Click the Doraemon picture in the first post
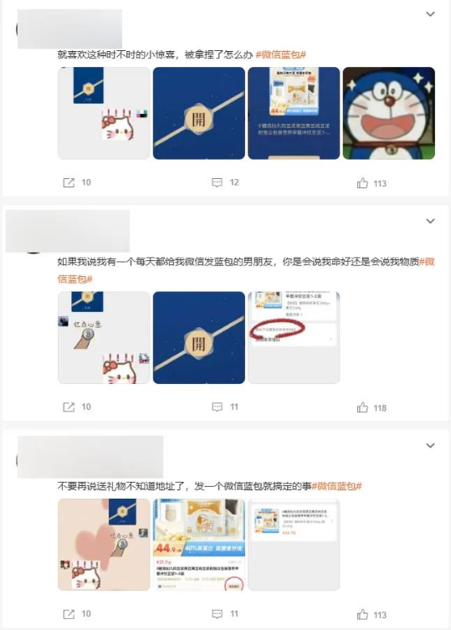[x=388, y=113]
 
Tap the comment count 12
[x=234, y=182]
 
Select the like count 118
[x=380, y=407]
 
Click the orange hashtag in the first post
[x=280, y=54]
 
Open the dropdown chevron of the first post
[x=430, y=14]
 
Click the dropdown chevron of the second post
[x=430, y=221]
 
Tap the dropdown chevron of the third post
[x=430, y=445]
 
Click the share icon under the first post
[x=69, y=182]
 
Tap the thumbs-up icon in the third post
[x=362, y=614]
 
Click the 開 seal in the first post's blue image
[x=198, y=115]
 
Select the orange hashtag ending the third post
[x=336, y=485]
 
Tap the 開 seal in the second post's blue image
[x=198, y=342]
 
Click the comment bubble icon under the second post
[x=217, y=407]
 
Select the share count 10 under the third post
[x=86, y=614]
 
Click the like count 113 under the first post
[x=380, y=183]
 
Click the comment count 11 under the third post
[x=234, y=614]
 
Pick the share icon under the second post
[x=69, y=407]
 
